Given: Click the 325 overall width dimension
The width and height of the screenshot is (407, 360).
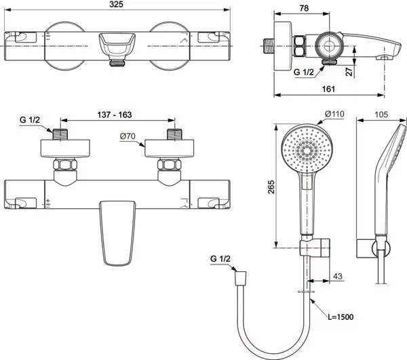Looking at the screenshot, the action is (x=116, y=5).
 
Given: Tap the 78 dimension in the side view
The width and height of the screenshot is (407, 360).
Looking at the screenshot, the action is (x=304, y=8).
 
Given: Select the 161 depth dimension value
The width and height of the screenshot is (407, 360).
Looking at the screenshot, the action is (x=328, y=89).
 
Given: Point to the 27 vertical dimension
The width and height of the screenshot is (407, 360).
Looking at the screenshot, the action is (x=350, y=71).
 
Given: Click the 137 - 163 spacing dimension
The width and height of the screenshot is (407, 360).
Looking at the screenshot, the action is (x=115, y=115).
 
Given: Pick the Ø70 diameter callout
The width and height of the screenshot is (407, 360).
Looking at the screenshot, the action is (x=128, y=136).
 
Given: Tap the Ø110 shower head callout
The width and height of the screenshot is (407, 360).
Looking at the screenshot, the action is (x=334, y=114).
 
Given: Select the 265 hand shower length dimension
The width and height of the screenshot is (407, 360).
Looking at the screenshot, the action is (x=271, y=186).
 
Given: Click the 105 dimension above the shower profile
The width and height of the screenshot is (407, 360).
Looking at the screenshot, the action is (x=381, y=115).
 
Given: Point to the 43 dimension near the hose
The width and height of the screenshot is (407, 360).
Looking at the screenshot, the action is (x=337, y=276).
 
